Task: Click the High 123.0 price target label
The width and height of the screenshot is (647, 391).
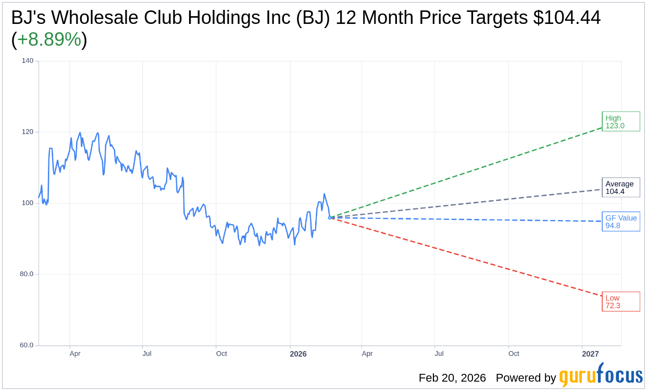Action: tap(620, 122)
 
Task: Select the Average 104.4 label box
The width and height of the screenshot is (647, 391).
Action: tap(620, 188)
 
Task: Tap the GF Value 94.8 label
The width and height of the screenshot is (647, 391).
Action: tap(620, 221)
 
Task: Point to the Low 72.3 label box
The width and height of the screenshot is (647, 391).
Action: tap(620, 302)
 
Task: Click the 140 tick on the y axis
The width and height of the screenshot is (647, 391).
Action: tap(28, 61)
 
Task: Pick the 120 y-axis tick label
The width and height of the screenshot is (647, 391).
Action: tap(28, 132)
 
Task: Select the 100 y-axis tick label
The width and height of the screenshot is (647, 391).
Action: tap(28, 203)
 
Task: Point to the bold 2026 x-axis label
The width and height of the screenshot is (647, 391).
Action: tap(298, 354)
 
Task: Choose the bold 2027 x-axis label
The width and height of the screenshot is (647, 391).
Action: tap(590, 354)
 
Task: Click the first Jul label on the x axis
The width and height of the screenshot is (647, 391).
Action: tap(147, 354)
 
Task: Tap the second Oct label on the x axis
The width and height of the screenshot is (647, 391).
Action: tap(514, 354)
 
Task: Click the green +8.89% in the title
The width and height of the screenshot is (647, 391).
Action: tap(49, 40)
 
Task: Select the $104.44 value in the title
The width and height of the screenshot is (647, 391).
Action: tap(567, 18)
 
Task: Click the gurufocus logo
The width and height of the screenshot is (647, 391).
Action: tap(601, 375)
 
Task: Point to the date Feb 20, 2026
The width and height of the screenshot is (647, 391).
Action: tap(452, 378)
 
